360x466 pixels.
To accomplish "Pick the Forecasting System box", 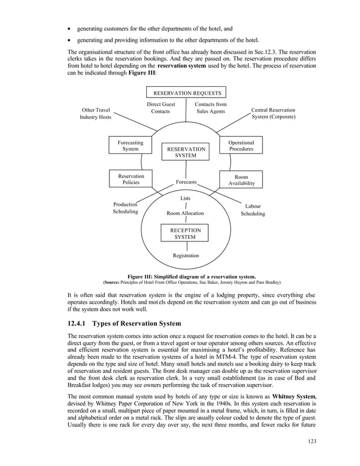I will click(x=130, y=146).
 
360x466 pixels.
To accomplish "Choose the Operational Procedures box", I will click(x=241, y=146).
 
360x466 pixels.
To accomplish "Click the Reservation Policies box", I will click(x=130, y=179).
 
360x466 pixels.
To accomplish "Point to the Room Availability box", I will click(x=241, y=179).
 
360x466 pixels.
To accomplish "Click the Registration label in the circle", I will click(x=186, y=256).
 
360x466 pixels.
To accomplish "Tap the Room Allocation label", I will click(x=185, y=213).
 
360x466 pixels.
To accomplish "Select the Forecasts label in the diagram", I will click(x=186, y=182).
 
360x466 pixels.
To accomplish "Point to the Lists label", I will click(x=185, y=198).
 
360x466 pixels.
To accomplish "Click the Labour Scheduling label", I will click(x=252, y=210).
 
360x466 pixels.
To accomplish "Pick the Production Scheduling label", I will click(x=125, y=208).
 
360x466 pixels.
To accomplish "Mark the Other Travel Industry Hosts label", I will click(x=96, y=113).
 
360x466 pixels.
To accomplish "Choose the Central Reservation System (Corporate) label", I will click(x=273, y=113).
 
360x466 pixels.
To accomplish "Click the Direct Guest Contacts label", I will click(x=161, y=108).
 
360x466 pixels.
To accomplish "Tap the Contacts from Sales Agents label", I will click(x=210, y=108).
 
